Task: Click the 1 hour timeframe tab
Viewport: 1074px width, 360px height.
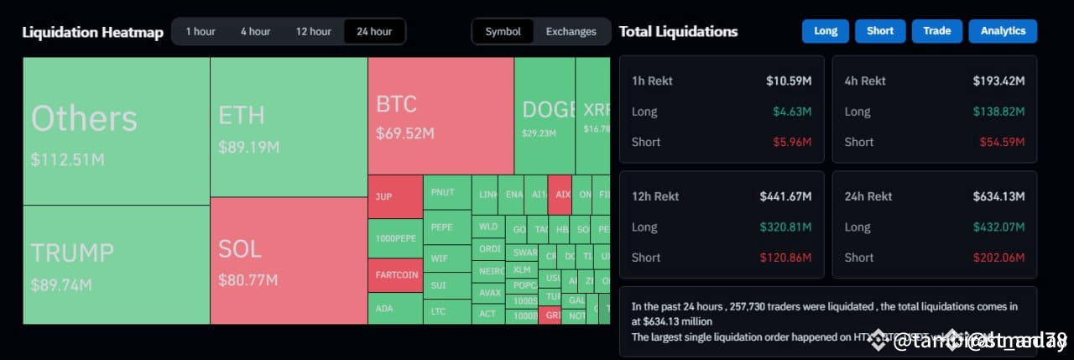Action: pos(201,32)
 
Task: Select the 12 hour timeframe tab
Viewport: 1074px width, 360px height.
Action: pos(313,32)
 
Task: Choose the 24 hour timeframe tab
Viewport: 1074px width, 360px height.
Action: pos(374,32)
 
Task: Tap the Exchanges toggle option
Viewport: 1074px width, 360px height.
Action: pos(571,32)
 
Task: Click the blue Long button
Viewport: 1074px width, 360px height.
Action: pos(826,31)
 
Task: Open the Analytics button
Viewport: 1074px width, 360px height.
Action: pos(1003,31)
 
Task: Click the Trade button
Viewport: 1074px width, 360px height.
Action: pos(936,31)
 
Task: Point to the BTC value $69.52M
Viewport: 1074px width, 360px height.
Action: pos(405,133)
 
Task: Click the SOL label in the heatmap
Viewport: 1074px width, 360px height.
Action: pos(240,249)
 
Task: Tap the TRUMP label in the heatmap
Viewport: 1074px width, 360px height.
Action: pos(72,253)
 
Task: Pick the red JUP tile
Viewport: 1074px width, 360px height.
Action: pos(383,196)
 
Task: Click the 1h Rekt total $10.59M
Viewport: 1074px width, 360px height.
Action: pos(789,81)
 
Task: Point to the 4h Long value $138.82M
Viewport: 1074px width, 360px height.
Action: pos(998,112)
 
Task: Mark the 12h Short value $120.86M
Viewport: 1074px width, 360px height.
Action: pos(785,258)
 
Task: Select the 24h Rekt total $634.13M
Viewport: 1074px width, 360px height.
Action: pos(998,196)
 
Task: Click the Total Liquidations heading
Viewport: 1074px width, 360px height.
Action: pos(678,32)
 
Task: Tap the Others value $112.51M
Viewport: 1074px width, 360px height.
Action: pos(68,159)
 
